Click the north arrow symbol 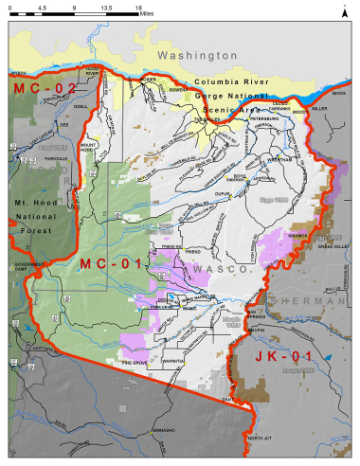click(x=345, y=12)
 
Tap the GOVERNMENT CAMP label click(x=28, y=269)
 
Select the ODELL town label click(x=81, y=106)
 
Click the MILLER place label click(x=318, y=108)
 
